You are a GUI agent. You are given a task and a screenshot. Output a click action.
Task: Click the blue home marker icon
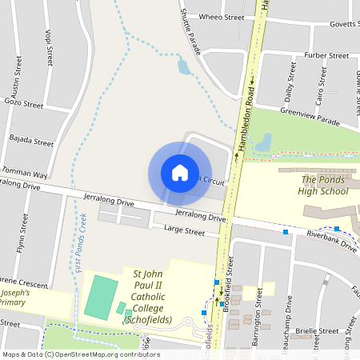coord(180,173)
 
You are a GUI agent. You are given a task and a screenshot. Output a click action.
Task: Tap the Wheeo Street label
coord(221,17)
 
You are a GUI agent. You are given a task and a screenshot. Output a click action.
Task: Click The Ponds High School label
coord(325,186)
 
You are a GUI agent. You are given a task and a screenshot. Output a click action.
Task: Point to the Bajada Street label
coord(31,142)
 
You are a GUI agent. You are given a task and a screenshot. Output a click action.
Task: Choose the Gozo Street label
coord(23,104)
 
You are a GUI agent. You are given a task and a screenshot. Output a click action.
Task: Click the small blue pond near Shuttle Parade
coord(185,68)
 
